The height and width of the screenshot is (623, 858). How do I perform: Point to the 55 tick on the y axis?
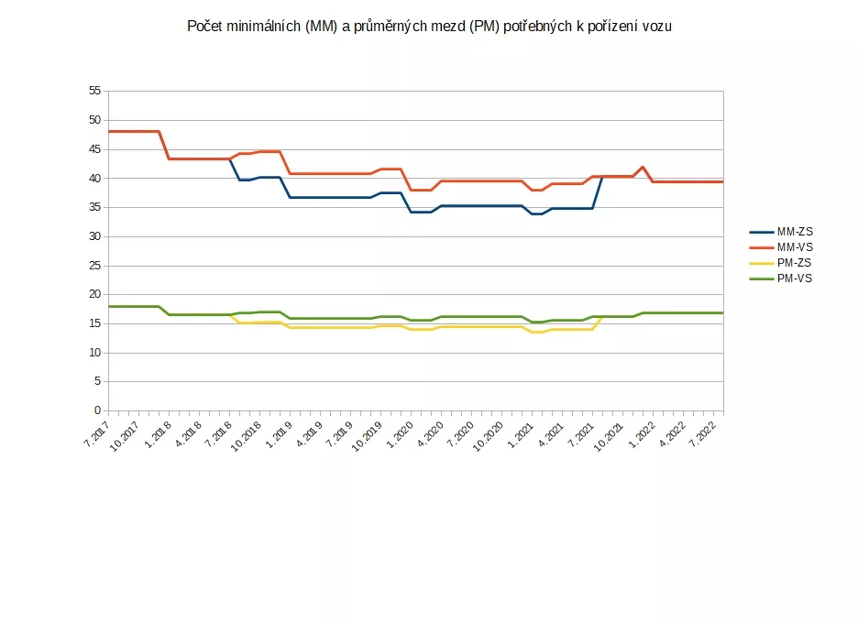[x=94, y=91]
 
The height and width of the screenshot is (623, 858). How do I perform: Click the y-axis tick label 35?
[x=94, y=207]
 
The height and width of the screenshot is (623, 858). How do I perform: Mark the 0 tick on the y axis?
[x=98, y=411]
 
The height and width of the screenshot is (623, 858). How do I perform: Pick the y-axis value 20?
[x=94, y=294]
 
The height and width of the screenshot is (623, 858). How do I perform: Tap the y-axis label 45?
[x=94, y=149]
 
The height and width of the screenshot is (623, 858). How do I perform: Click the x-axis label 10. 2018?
[x=248, y=431]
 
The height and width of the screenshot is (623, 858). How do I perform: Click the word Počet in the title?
[x=204, y=27]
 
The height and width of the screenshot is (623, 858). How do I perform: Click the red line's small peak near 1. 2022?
[x=643, y=167]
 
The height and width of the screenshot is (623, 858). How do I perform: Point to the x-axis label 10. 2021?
[x=611, y=431]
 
